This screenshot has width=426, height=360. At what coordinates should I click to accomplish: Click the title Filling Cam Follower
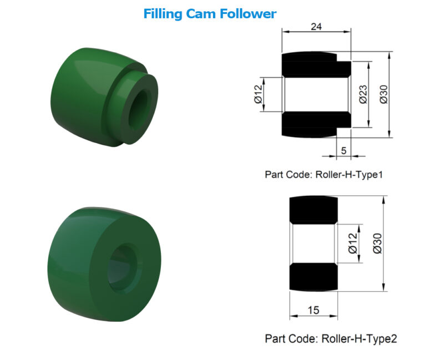[x=210, y=13]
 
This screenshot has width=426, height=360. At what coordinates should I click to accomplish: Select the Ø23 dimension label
[x=363, y=94]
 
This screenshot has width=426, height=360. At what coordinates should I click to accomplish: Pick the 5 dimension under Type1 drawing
[x=344, y=150]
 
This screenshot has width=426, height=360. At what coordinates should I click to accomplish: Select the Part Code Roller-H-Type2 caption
[x=331, y=338]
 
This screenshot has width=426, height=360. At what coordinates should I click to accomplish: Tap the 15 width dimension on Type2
[x=313, y=311]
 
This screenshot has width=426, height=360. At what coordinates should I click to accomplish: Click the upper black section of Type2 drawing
[x=313, y=209]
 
